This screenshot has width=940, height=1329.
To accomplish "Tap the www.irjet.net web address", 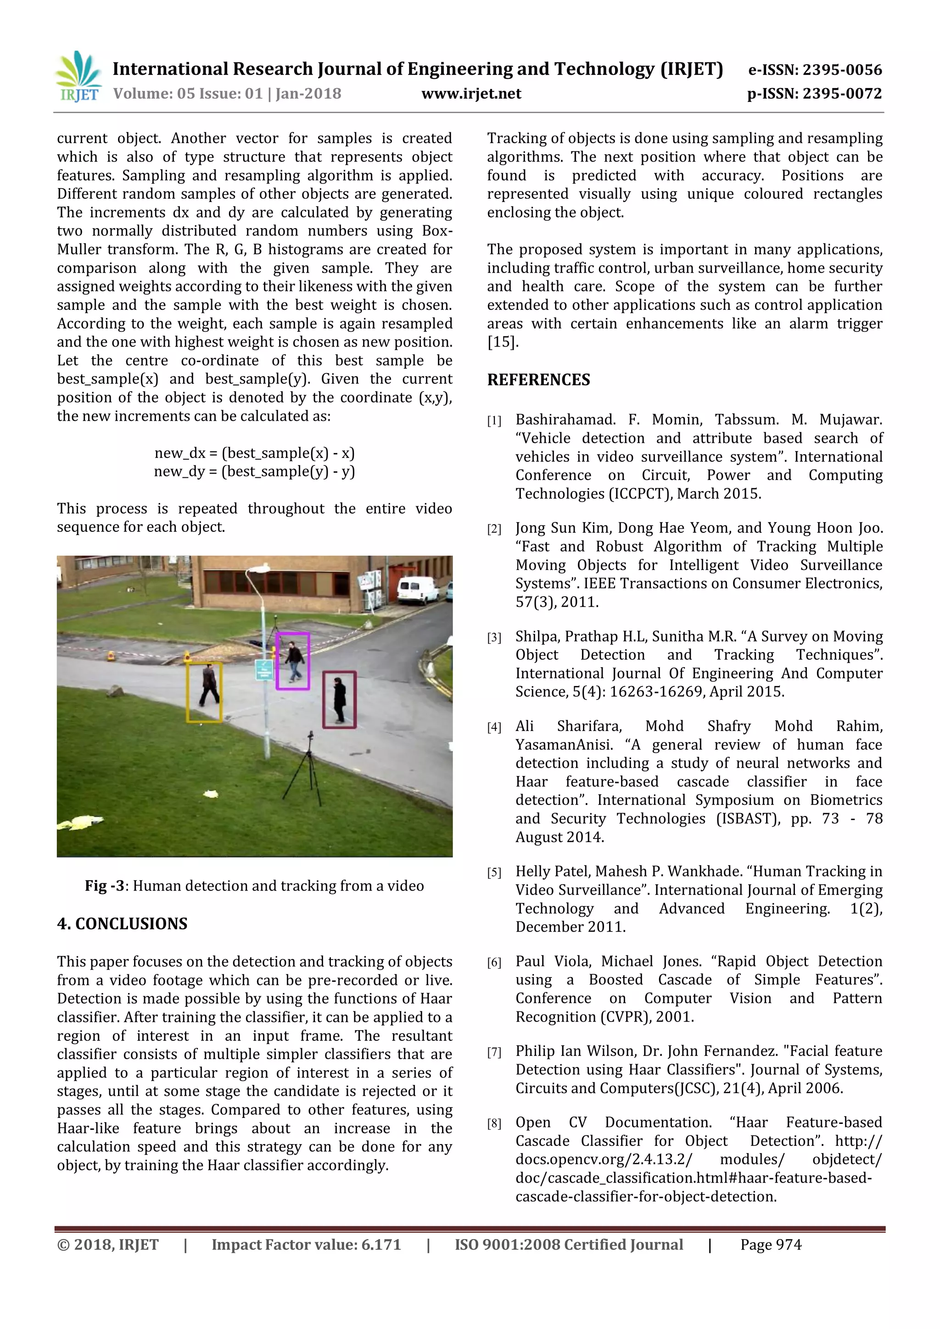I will pos(471,94).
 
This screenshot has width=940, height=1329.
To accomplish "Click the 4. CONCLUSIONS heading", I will pos(122,923).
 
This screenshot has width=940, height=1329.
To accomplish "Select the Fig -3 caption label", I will pos(104,886).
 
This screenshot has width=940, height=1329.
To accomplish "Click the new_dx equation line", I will pos(255,452).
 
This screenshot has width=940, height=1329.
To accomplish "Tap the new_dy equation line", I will pos(255,471).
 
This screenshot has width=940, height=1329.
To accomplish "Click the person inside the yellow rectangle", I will pos(209,686).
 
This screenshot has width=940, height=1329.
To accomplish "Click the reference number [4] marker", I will pos(494,727).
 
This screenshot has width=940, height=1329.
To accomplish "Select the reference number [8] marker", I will pos(494,1123).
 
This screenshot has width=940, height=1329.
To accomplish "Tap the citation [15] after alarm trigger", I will pos(502,342).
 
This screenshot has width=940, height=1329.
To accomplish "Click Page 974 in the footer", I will pos(771,1245).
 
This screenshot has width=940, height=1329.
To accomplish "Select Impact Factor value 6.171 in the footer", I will pos(306,1245).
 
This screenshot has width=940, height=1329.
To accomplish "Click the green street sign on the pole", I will pos(264,670).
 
